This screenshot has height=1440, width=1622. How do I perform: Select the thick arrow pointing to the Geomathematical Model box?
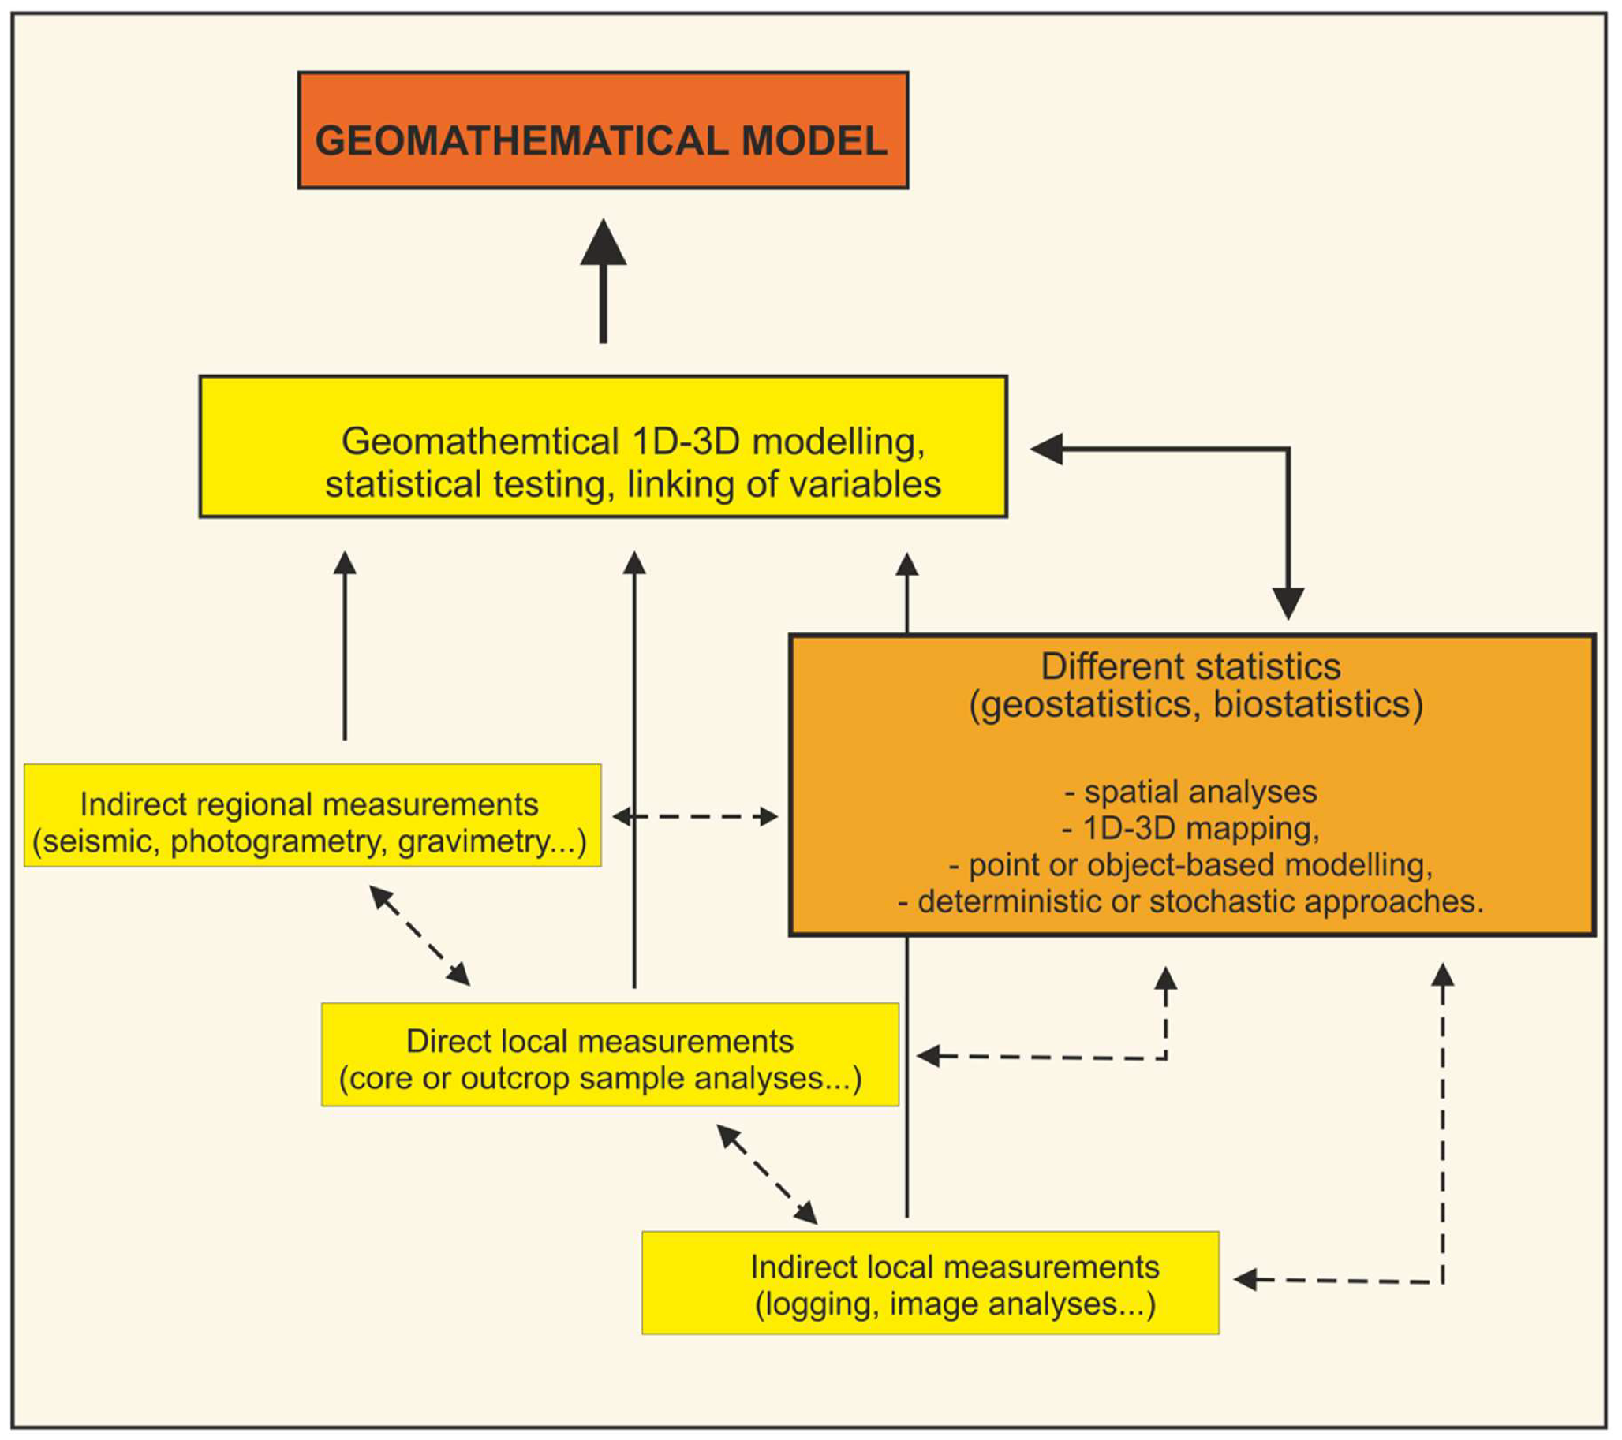coord(603,282)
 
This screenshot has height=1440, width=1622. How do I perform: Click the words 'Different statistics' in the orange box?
coord(1190,666)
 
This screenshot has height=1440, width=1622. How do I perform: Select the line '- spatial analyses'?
coord(1190,792)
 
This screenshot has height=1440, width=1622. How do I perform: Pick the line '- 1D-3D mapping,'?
coord(1190,828)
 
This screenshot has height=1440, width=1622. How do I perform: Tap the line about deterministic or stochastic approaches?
coord(1190,901)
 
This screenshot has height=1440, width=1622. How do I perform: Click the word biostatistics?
coord(1317,704)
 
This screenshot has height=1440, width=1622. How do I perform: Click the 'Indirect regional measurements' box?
coord(312,815)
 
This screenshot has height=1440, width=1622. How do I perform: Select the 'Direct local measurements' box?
coord(610,1054)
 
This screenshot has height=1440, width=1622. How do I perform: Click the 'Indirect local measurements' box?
coord(930,1282)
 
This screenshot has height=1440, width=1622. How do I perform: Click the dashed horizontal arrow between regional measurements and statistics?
coord(695,816)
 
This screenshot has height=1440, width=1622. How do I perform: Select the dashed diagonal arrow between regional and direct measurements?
coord(420,936)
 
